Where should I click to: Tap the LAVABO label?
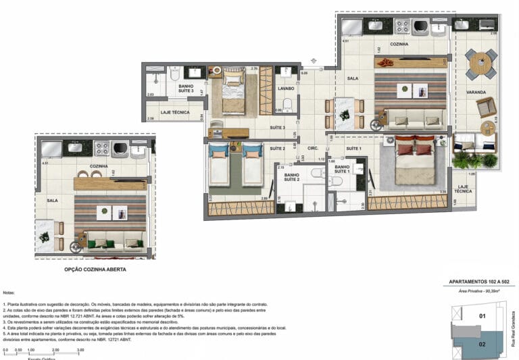click(285, 88)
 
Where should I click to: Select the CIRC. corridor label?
click(313, 148)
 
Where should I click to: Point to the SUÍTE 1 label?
click(354, 148)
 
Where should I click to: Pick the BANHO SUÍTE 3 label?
click(186, 89)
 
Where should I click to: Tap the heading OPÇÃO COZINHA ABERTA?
click(95, 269)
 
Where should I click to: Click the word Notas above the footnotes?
click(9, 293)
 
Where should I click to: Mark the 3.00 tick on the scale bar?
click(80, 350)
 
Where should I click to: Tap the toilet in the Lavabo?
click(287, 104)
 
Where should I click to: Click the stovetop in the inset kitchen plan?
click(101, 148)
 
